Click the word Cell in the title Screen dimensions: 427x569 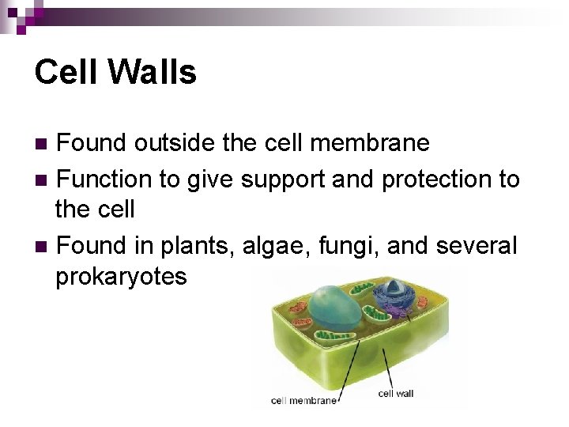click(x=66, y=73)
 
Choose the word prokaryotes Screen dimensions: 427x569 click(x=121, y=276)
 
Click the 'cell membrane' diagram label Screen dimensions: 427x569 click(x=303, y=400)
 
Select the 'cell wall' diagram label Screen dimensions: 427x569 click(x=396, y=393)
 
